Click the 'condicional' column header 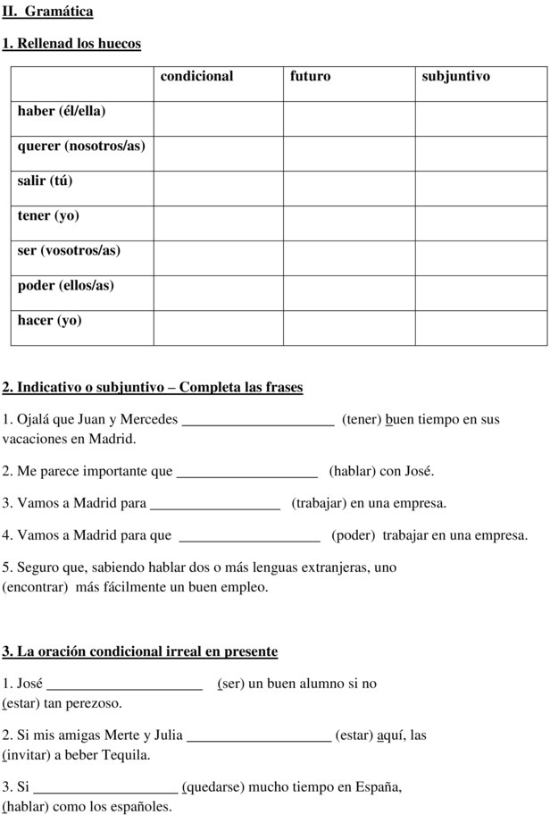coord(196,77)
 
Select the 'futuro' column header coord(310,77)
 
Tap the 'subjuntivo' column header coord(455,77)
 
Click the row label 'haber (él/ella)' coord(62,111)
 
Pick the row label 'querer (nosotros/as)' coord(81,146)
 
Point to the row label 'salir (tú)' coord(46,181)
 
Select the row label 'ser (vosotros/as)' coord(69,250)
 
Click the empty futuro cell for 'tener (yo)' coord(349,215)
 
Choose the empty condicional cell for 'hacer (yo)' coord(219,320)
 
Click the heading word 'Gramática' coord(59,12)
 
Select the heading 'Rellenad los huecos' coord(79,43)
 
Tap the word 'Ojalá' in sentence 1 coord(34,419)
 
